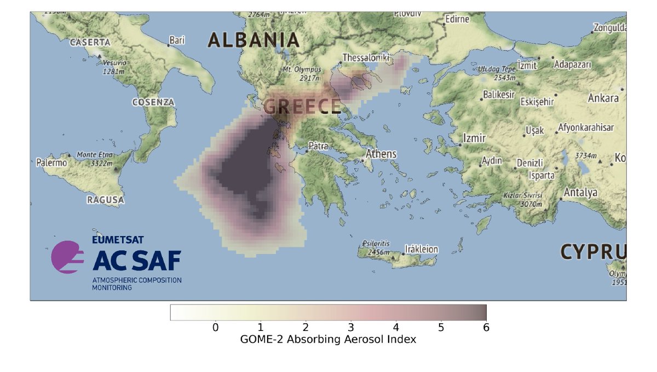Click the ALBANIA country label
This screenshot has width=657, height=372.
click(253, 40)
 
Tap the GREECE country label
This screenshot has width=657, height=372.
click(302, 107)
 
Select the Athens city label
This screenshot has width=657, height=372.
click(381, 154)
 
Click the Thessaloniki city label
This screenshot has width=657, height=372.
click(365, 58)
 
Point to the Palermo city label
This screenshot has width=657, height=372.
click(51, 163)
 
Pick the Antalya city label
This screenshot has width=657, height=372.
click(580, 193)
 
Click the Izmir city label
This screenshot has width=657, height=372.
click(474, 138)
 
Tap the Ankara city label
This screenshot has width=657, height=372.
click(603, 99)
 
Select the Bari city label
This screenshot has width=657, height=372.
click(177, 40)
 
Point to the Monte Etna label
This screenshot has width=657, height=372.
click(94, 159)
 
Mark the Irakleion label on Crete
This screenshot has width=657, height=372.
click(421, 249)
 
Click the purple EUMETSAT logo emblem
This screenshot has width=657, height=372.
click(67, 256)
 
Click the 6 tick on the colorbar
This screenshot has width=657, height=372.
click(486, 328)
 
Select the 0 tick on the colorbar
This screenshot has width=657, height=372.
click(215, 328)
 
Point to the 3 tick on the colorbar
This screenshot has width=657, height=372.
click(350, 328)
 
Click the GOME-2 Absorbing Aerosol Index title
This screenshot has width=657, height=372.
click(328, 340)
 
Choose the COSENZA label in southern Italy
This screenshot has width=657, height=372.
click(153, 102)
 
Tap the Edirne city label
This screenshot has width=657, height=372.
click(458, 19)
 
